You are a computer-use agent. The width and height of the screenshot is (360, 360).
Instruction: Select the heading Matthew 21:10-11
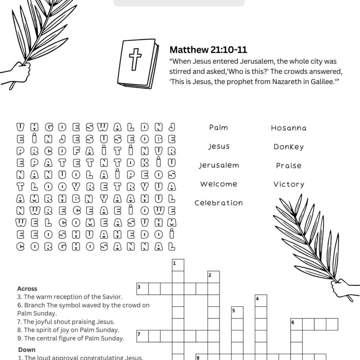click(208, 50)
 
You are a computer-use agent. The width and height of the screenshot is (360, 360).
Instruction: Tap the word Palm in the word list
click(219, 127)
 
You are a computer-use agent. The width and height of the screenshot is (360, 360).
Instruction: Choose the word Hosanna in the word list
click(289, 128)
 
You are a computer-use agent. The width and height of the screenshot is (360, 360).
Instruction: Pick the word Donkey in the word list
click(289, 147)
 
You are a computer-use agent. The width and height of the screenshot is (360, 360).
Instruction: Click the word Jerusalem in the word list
click(219, 165)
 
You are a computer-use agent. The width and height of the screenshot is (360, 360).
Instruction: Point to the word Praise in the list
click(289, 166)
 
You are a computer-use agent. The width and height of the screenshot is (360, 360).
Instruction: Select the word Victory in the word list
click(289, 184)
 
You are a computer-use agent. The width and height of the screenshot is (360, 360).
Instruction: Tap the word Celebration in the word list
click(219, 203)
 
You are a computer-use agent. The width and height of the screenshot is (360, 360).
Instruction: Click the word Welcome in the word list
click(219, 184)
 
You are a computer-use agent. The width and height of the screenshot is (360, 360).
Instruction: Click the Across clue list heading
click(27, 289)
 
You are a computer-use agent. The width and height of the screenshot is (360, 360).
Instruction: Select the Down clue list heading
click(27, 350)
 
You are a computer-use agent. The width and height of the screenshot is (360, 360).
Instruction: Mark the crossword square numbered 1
click(178, 265)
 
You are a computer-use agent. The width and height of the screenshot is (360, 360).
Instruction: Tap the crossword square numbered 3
click(142, 289)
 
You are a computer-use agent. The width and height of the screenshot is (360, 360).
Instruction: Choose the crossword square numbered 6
click(296, 324)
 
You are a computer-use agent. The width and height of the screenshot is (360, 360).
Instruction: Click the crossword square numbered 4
click(261, 300)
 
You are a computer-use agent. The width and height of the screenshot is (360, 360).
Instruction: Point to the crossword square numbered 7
click(142, 336)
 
